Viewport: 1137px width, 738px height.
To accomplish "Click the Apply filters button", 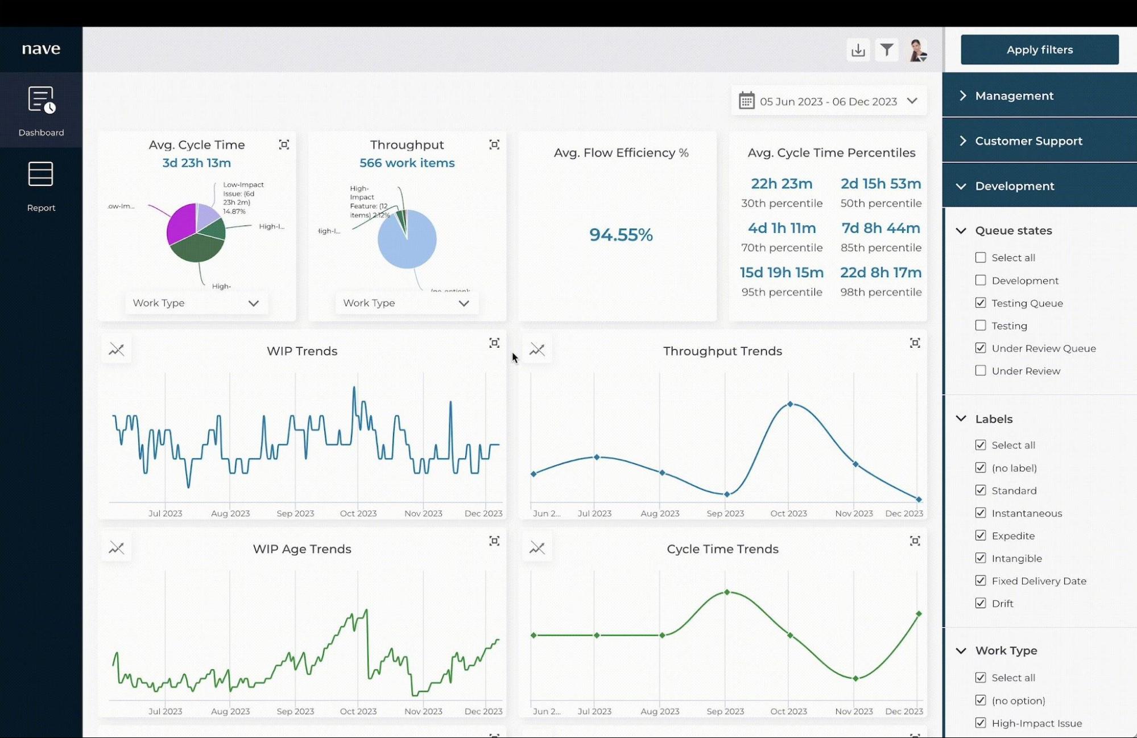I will coord(1039,50).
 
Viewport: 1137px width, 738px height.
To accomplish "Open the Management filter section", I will coord(1014,96).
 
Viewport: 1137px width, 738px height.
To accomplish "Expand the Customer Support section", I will coord(1028,141).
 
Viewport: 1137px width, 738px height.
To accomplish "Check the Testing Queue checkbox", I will coord(981,303).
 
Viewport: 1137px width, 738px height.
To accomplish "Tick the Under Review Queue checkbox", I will coord(981,348).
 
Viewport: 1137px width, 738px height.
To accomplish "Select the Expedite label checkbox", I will coord(981,535).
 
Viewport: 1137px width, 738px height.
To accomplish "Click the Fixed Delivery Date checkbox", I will coord(981,580).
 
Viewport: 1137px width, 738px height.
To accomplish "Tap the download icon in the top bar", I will coord(858,50).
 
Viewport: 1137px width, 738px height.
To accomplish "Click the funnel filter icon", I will coord(887,50).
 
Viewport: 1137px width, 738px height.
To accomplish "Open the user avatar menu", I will coord(917,50).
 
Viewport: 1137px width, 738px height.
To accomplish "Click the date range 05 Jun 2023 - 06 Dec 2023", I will coord(828,101).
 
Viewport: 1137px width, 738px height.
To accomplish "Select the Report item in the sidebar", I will coord(41,185).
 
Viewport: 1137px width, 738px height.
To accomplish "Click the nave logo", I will coord(41,49).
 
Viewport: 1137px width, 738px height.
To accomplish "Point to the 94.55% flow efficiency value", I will coord(621,234).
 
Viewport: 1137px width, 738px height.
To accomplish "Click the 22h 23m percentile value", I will coord(782,184).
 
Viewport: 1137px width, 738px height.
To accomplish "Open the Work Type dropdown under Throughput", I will coord(407,303).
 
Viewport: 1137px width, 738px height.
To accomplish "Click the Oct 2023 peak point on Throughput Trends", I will coord(790,404).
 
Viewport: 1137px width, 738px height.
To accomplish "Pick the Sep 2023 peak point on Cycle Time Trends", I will coord(727,592).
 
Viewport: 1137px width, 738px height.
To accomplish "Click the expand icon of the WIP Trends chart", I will coord(494,343).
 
